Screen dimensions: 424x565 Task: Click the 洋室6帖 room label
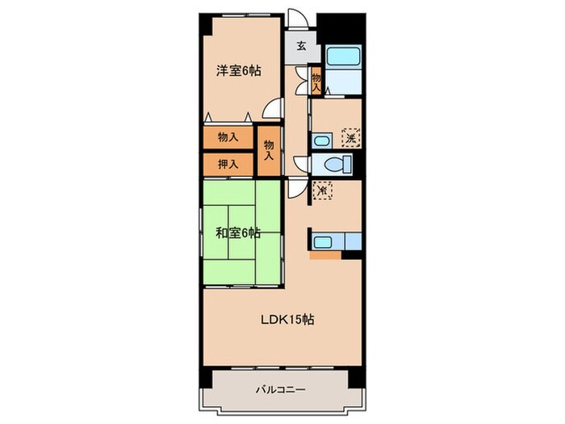[238, 70]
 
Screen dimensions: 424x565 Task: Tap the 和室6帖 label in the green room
[237, 233]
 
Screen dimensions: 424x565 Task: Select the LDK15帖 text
[286, 319]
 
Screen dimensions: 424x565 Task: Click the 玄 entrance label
[300, 46]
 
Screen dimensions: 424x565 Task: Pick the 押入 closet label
[228, 163]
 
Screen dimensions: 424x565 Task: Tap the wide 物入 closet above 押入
[228, 137]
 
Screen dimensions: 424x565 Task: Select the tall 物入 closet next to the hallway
[269, 149]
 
